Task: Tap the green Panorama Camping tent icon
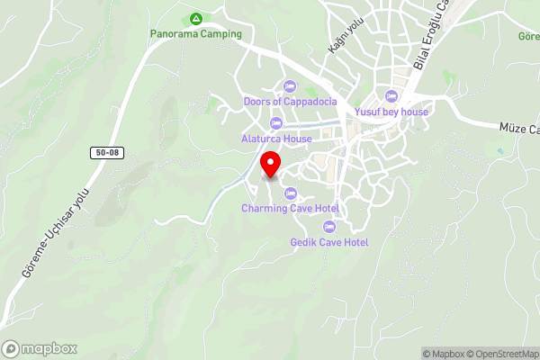click(195, 19)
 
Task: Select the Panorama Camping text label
click(195, 34)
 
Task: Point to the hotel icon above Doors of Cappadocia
click(289, 86)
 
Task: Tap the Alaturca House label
click(276, 139)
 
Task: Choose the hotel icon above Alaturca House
click(275, 123)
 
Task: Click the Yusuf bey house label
click(391, 112)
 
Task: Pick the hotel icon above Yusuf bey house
click(391, 96)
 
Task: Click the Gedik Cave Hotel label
click(329, 242)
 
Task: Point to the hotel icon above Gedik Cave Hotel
click(329, 226)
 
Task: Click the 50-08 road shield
click(106, 153)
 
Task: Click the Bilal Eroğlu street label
click(431, 36)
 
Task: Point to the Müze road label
click(519, 130)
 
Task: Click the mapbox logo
click(39, 348)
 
